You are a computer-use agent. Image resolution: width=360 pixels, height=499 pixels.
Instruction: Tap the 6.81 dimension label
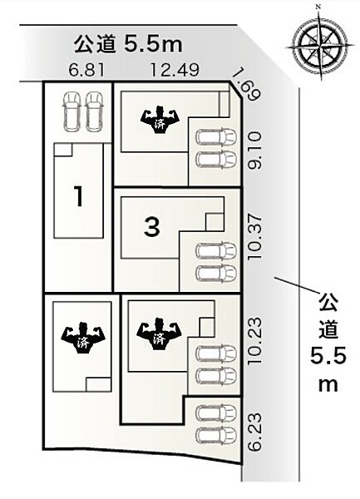pos(86,70)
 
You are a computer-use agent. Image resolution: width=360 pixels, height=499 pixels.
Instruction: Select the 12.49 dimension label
pos(175,70)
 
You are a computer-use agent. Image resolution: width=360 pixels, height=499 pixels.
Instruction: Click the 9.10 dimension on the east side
pos(254,151)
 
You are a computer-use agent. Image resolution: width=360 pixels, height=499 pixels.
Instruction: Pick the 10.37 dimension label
pos(254,236)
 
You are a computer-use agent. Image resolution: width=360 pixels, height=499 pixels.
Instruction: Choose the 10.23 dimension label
pos(254,341)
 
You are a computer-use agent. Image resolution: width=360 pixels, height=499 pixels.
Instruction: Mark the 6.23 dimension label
pos(254,432)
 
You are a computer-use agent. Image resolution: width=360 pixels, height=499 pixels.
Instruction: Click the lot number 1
pos(78,196)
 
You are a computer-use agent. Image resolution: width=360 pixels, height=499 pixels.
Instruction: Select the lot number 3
pos(152,227)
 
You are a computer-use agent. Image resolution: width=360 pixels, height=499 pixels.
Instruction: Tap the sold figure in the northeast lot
pos(160,121)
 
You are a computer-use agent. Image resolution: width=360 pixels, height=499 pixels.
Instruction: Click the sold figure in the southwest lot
pos(83,338)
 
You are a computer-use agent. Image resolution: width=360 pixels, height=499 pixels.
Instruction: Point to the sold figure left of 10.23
pos(159,335)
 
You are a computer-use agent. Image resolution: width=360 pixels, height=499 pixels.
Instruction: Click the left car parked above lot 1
pos(72,111)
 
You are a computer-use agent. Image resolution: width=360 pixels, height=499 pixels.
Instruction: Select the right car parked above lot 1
pos(94,111)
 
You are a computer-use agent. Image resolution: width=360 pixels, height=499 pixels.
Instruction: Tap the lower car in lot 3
pos(216,274)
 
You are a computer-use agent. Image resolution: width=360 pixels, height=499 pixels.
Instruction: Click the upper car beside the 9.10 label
pos(216,137)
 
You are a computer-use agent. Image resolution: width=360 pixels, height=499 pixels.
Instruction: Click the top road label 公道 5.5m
pos(128,45)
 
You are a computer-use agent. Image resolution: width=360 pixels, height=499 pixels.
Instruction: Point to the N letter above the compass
pos(318,6)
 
